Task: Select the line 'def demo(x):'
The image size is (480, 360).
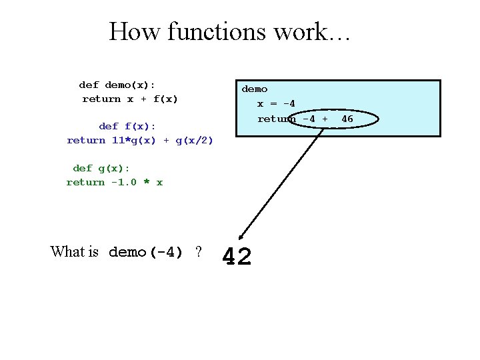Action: point(117,85)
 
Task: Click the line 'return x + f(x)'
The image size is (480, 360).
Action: point(130,99)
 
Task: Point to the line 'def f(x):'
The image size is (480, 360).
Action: point(127,126)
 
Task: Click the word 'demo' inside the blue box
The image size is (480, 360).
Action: point(255,89)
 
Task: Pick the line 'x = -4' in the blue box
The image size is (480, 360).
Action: point(277,103)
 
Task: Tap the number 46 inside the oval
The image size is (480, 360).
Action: point(347,119)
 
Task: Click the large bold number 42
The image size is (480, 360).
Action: point(237,257)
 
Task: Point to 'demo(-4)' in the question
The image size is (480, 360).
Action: point(145,252)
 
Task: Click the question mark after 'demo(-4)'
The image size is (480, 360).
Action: point(198,252)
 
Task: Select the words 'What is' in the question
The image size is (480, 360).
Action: point(74,252)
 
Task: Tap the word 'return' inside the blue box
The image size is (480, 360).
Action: point(277,119)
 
